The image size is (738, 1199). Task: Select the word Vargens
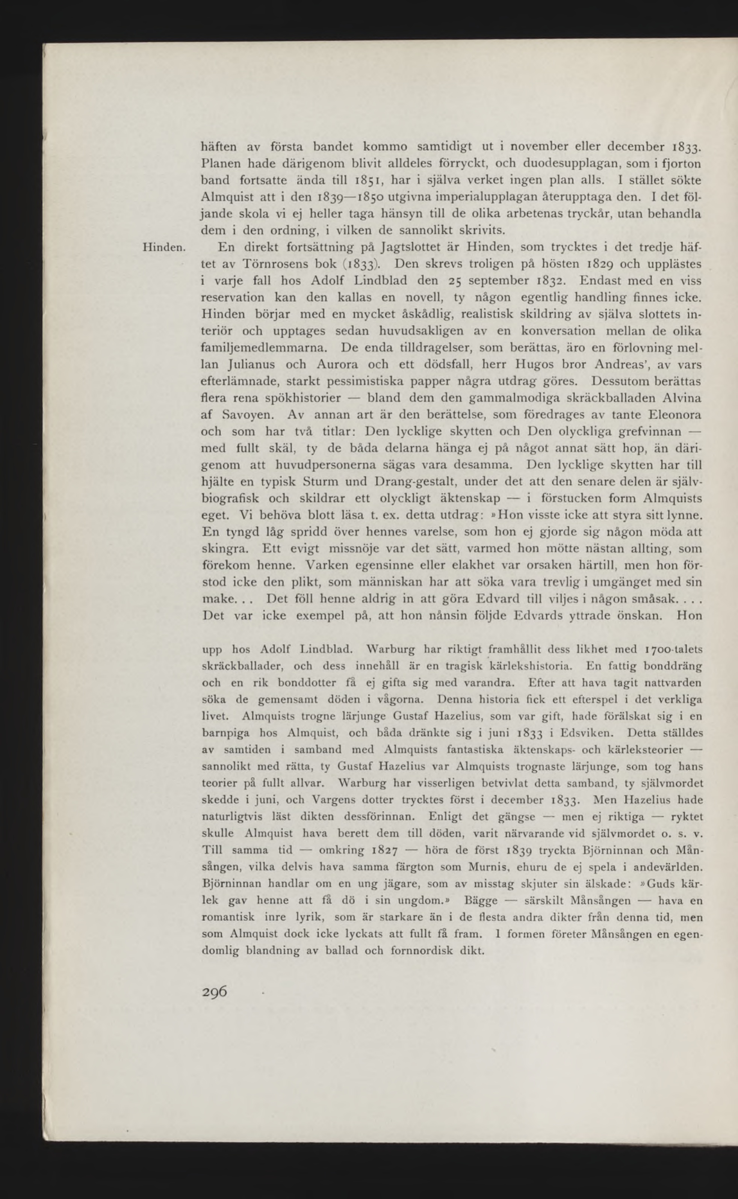pyautogui.click(x=333, y=800)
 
